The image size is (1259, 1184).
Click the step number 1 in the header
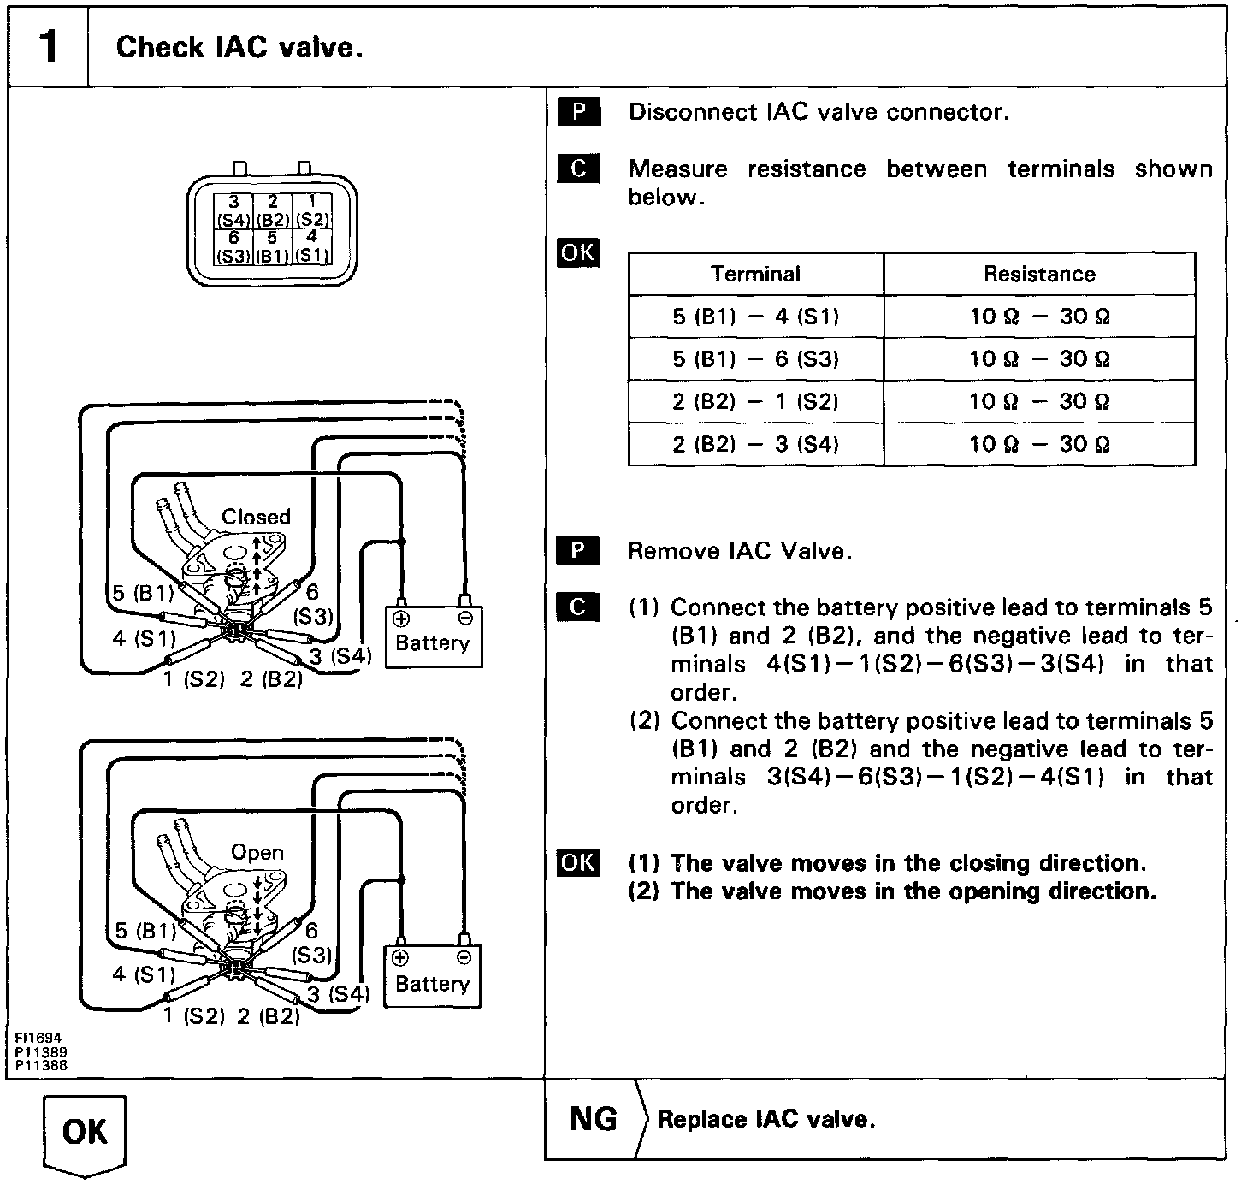point(49,46)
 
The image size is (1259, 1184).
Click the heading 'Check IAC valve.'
point(239,47)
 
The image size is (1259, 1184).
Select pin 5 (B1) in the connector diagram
point(272,246)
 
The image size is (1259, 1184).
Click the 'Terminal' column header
point(755,274)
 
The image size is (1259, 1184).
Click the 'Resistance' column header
point(1039,274)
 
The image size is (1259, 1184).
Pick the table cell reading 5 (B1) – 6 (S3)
point(755,358)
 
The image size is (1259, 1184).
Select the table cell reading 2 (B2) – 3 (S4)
point(755,444)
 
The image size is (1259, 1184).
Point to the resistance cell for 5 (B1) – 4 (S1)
point(1039,317)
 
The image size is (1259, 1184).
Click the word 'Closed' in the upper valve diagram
point(256,517)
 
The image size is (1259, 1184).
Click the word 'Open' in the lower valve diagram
point(257,852)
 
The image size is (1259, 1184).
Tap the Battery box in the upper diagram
point(433,643)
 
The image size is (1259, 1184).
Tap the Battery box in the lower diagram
point(432,984)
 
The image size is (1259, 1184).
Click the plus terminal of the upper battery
point(400,619)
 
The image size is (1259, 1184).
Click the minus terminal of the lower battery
point(464,957)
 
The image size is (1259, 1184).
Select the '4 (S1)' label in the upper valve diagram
point(144,637)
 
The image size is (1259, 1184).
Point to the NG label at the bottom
point(593,1119)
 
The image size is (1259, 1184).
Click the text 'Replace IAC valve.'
point(766,1120)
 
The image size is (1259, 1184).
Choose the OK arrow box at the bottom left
point(85,1133)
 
